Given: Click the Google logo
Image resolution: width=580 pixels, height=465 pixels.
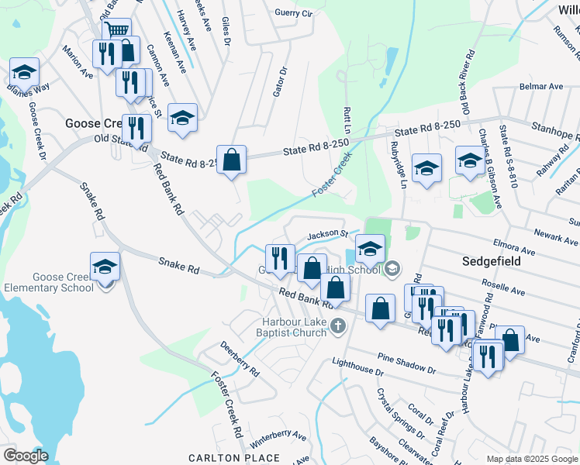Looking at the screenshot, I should click(25, 456).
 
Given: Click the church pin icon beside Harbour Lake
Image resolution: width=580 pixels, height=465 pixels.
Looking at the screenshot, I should click(337, 325).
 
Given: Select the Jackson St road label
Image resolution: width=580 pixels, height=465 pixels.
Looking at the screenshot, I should click(326, 233).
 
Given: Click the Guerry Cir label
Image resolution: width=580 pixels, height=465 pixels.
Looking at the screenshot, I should click(293, 13).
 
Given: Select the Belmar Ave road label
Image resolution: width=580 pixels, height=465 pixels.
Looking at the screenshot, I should click(541, 87).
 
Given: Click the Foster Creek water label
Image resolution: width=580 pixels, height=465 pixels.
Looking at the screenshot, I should click(330, 174).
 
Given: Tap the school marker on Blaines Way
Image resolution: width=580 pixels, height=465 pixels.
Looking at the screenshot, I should click(25, 73).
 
